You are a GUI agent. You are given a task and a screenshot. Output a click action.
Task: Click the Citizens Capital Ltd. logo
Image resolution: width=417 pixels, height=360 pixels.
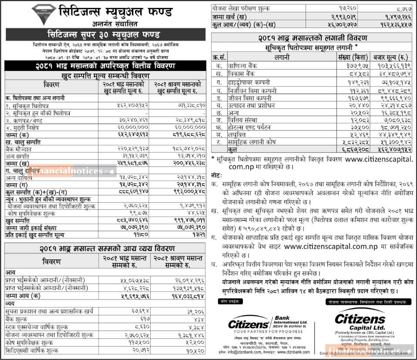(x=360, y=322)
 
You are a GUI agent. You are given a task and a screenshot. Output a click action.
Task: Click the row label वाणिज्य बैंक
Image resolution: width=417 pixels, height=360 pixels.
(x=242, y=66)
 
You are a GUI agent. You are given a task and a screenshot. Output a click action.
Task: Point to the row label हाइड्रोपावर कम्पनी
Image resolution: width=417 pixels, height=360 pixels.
(x=249, y=82)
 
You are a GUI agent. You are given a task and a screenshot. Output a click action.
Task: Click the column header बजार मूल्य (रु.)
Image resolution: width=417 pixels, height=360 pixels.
(x=391, y=57)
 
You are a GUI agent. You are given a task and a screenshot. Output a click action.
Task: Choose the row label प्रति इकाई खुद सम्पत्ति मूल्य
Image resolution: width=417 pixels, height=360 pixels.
(x=35, y=235)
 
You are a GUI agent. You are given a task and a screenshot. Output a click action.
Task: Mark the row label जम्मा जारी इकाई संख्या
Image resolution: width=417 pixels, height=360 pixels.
(x=31, y=228)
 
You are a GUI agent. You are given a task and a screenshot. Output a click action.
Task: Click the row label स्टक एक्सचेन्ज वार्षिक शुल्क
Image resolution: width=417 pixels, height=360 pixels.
(x=37, y=327)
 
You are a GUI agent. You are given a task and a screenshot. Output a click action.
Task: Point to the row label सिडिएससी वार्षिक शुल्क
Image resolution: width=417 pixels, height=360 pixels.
(x=32, y=351)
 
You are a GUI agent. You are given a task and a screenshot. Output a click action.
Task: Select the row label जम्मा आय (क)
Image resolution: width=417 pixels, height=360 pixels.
(x=23, y=296)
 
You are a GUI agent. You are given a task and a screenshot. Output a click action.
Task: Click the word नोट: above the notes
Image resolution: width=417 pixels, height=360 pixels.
(x=216, y=176)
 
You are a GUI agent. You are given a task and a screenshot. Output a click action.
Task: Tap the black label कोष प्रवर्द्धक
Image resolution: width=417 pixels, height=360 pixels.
(x=230, y=301)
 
